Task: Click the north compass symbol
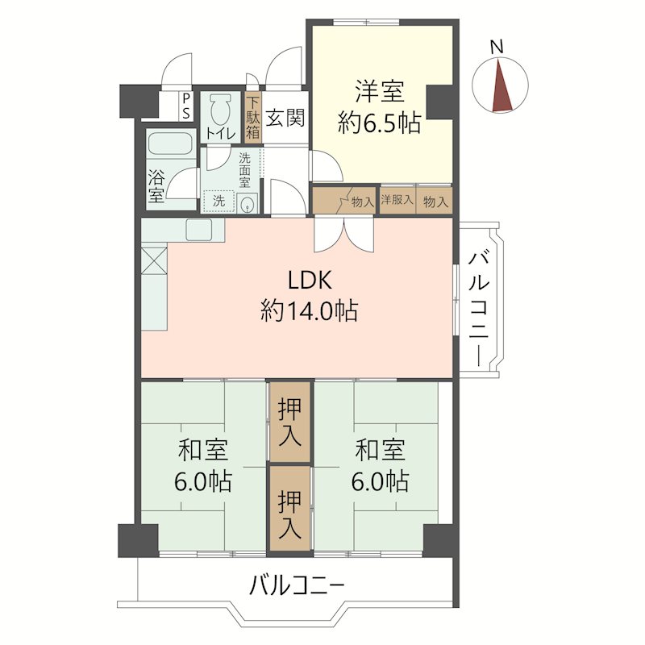pos(498,87)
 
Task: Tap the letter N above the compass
pos(497,48)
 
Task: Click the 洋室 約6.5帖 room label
pos(378,106)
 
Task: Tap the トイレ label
pos(220,133)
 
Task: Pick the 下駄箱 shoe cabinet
pos(253,119)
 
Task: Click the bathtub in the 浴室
pos(170,147)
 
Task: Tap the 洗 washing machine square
pos(219,200)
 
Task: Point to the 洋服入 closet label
pos(397,200)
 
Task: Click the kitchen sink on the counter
pos(199,230)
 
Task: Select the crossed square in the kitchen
pos(154,261)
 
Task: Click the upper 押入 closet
pos(289,422)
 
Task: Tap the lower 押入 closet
pos(289,510)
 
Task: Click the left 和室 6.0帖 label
pos(203,465)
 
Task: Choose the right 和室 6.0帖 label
pos(379,465)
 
